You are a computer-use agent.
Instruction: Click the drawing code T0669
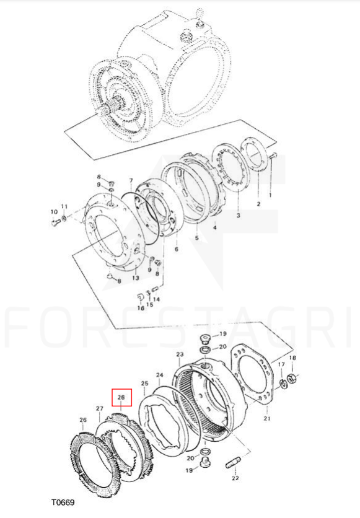63,503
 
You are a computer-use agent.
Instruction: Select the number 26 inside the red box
121,397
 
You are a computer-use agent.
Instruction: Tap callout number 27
100,409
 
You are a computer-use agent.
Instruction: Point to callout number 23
180,354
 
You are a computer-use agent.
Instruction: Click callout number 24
160,375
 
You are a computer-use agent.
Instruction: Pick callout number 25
144,384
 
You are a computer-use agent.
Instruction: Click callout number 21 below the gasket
267,419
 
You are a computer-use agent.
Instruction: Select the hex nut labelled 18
291,377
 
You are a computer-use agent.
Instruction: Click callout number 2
258,204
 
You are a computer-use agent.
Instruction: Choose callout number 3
239,216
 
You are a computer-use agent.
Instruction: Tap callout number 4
214,227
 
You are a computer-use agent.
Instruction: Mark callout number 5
197,237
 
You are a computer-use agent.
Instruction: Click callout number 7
131,181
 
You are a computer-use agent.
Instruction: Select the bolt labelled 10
55,223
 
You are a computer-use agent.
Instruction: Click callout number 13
136,278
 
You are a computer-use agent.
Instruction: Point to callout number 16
141,308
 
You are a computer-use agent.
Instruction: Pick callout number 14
157,299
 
